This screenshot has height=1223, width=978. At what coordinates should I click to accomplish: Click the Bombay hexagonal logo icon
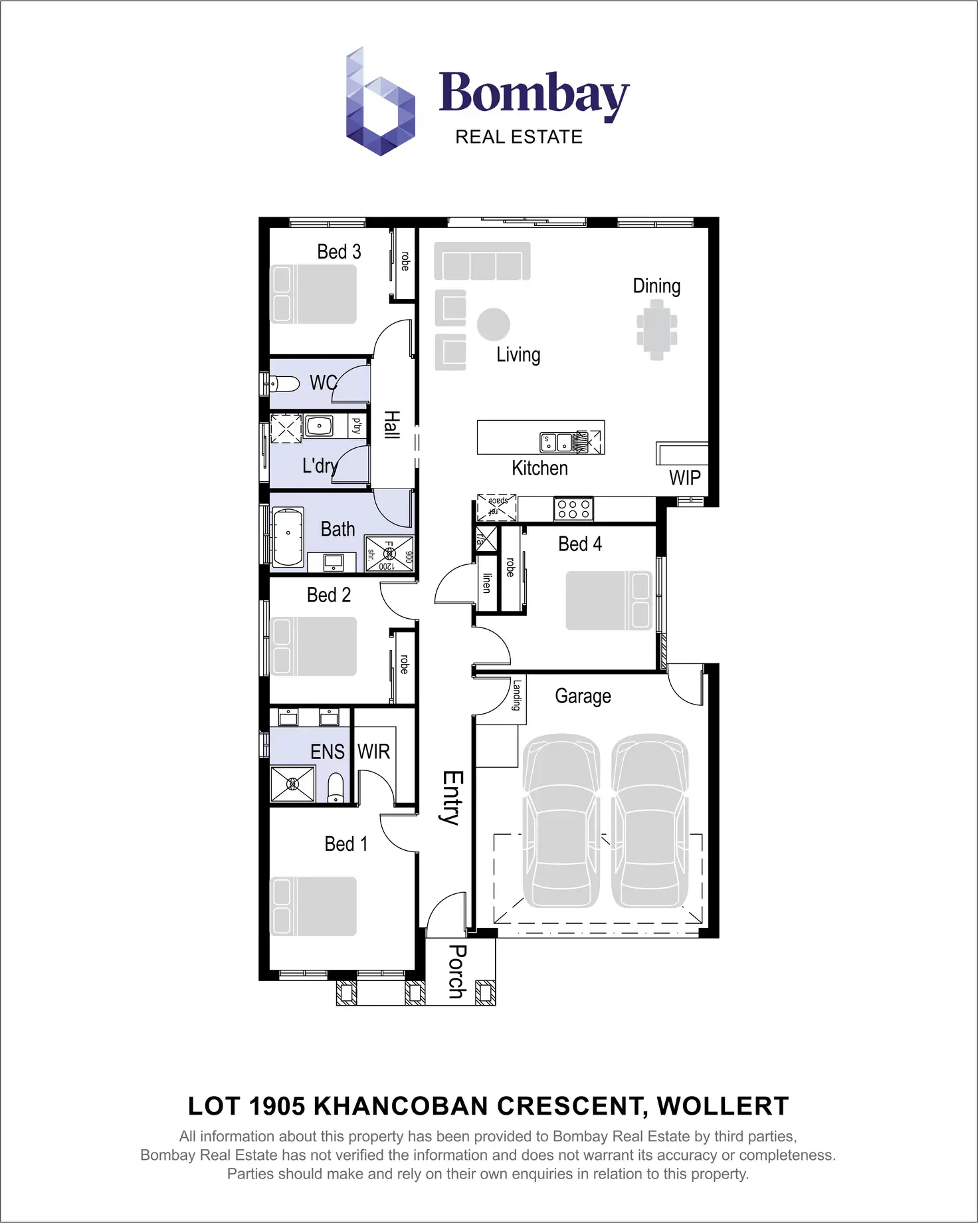[380, 103]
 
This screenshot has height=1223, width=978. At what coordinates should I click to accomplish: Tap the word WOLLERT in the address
[722, 1107]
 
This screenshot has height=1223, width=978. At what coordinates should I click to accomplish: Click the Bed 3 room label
[339, 252]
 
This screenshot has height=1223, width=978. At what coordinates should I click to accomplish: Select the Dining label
[656, 286]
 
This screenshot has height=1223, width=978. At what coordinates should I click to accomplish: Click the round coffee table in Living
[493, 325]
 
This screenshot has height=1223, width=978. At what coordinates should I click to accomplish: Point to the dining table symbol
[656, 330]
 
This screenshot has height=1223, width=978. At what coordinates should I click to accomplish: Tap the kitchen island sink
[557, 441]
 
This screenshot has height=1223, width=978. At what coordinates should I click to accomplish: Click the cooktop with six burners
[573, 509]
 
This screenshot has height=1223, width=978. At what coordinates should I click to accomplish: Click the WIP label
[684, 478]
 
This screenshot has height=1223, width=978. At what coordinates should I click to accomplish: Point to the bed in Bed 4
[608, 600]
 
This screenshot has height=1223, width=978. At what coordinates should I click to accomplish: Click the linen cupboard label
[487, 583]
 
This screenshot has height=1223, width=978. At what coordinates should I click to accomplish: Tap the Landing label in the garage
[516, 695]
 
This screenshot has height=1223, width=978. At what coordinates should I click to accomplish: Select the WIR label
[373, 752]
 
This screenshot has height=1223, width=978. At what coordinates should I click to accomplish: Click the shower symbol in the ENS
[292, 784]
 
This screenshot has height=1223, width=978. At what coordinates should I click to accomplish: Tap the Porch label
[456, 971]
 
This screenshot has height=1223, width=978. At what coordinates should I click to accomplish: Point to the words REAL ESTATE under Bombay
[518, 137]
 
